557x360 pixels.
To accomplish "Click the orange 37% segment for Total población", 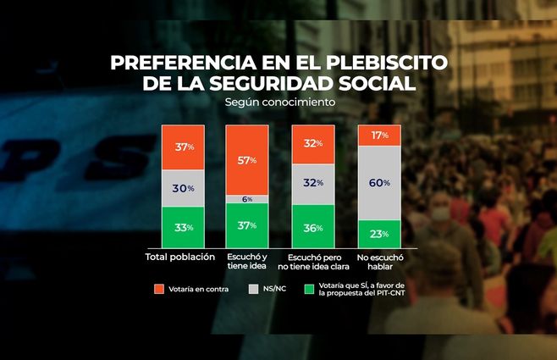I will [184, 147].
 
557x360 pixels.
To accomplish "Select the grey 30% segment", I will [184, 188].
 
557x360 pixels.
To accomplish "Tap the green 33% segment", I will [184, 227].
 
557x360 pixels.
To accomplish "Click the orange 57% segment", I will [248, 159].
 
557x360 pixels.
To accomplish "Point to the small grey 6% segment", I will [248, 199].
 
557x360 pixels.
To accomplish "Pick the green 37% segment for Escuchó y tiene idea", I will [248, 225].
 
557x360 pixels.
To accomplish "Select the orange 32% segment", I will [313, 143].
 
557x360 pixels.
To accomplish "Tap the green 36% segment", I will [313, 226].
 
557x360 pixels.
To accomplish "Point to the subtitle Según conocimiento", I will [279, 102].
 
